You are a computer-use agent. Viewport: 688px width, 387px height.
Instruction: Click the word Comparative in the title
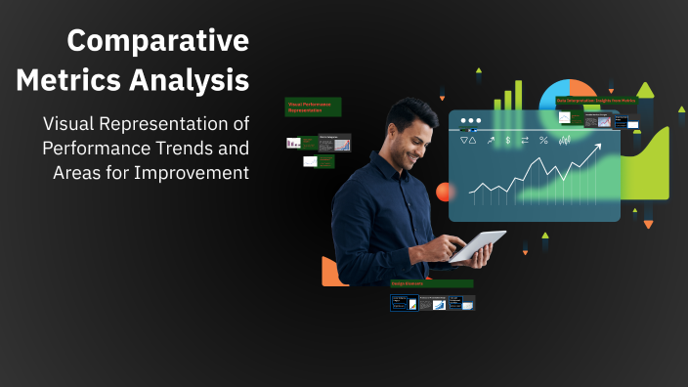pos(157,41)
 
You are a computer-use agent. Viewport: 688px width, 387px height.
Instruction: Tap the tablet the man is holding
pos(478,245)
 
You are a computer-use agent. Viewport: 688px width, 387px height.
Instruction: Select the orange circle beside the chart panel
pos(446,192)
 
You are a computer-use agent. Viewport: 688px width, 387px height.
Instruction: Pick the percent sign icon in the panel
pos(543,141)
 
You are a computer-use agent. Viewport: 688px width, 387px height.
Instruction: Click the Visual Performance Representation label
pos(312,107)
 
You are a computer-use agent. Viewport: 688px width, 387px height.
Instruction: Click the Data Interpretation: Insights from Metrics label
pos(595,101)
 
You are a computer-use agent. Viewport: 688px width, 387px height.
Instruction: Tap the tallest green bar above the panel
pos(518,93)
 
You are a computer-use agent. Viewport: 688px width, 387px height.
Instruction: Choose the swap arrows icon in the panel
pos(525,141)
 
